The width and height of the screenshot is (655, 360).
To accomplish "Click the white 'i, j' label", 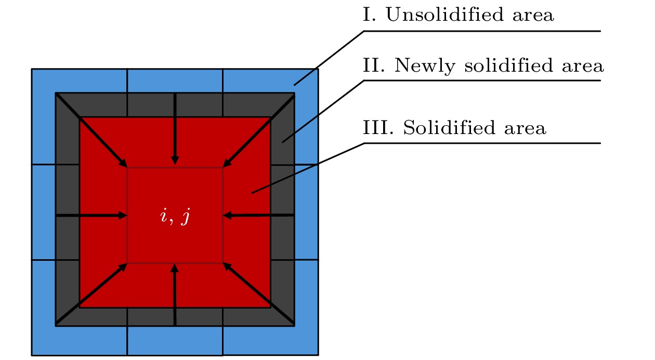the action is [175, 217].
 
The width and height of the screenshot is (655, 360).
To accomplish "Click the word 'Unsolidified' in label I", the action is [445, 15].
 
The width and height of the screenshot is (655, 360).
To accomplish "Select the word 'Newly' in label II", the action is [425, 65].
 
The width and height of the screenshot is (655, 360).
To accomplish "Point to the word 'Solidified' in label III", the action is [450, 127].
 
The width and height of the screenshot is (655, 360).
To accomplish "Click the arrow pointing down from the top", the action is [175, 129].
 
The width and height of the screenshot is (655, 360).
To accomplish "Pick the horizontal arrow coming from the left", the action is [91, 216].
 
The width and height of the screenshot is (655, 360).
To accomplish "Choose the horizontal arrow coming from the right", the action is [258, 216].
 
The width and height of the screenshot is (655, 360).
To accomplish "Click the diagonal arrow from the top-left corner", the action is [91, 130].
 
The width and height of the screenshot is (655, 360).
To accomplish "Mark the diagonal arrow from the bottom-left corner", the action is [91, 294].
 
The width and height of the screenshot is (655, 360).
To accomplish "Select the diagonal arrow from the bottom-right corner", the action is [258, 294].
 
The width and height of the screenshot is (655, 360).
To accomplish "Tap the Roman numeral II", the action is [374, 65].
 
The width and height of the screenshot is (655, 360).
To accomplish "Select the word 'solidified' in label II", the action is [509, 65].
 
